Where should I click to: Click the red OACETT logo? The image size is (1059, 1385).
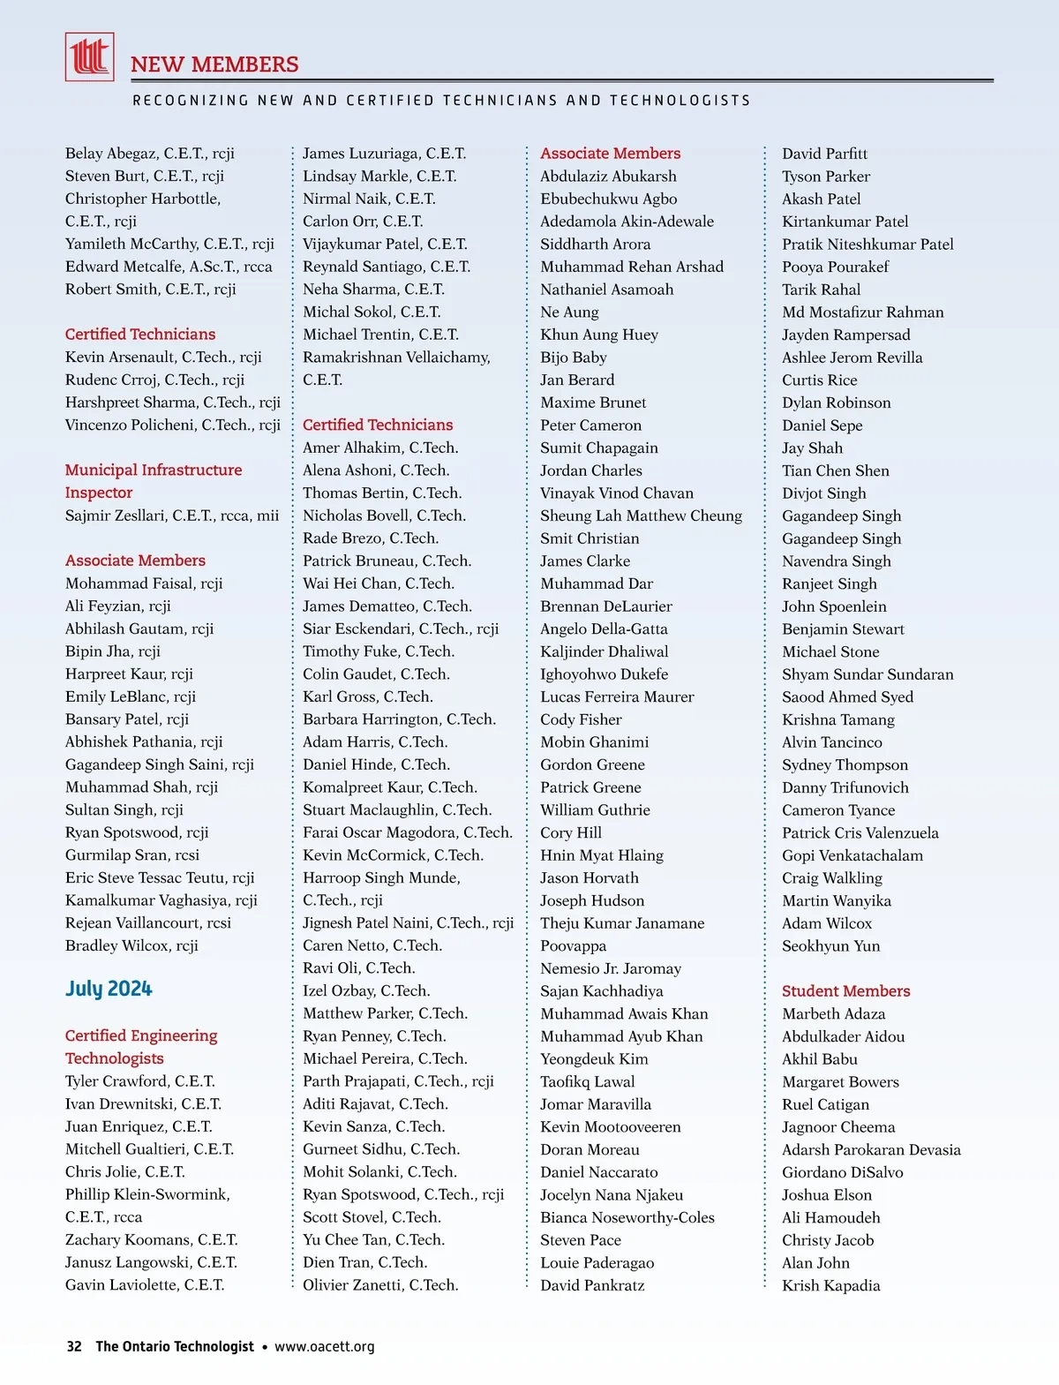[89, 56]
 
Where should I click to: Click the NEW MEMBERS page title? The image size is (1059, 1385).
[214, 64]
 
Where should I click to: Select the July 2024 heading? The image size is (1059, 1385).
[109, 989]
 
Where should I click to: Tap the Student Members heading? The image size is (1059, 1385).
[845, 990]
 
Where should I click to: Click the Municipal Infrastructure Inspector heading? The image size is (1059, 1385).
[153, 481]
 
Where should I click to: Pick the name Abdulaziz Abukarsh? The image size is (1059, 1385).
[608, 177]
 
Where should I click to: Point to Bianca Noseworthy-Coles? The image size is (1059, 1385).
[627, 1217]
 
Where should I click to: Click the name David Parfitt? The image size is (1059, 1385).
[824, 154]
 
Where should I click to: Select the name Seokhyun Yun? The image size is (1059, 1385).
[830, 946]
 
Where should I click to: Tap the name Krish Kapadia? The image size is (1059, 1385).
[830, 1285]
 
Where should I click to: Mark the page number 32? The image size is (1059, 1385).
[74, 1346]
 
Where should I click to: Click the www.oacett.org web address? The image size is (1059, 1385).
[324, 1346]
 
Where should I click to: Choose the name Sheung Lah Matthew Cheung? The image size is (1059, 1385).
[641, 516]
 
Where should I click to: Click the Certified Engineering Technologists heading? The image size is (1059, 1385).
[141, 1047]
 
